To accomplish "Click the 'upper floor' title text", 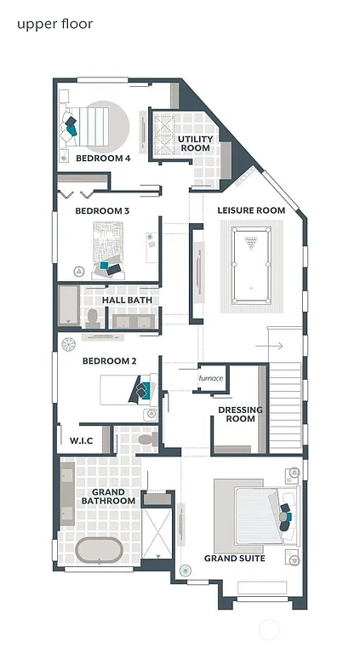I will [x=54, y=24].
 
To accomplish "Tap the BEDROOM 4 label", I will [x=103, y=158].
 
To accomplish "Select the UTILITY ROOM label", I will [x=195, y=143].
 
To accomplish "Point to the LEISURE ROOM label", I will [x=251, y=209].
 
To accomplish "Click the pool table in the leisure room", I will [x=251, y=264].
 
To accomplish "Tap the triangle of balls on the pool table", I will [x=251, y=243].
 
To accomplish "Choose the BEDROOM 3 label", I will [x=102, y=210].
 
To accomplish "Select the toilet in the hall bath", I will [x=94, y=318].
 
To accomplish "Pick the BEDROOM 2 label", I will [x=109, y=361].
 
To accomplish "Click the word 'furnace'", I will [x=210, y=378].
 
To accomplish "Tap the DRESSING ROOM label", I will [x=241, y=414].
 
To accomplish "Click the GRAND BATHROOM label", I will [x=108, y=496].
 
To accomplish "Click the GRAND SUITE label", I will [x=235, y=559].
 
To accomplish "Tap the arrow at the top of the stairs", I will [x=275, y=347].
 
